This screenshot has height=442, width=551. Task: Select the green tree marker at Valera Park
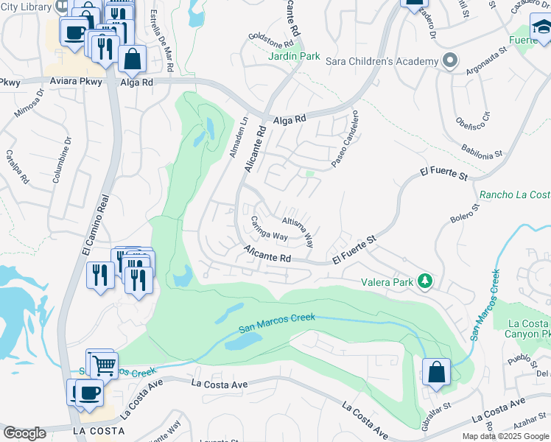pos(424,281)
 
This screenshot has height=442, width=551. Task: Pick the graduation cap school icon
pos(541,28)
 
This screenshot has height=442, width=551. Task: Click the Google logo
pos(24,433)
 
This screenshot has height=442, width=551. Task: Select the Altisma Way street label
pos(298,227)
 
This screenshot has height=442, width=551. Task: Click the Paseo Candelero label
pos(343,138)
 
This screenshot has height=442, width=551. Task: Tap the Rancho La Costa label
pos(514,195)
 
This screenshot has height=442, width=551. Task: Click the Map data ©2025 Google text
pos(505,436)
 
